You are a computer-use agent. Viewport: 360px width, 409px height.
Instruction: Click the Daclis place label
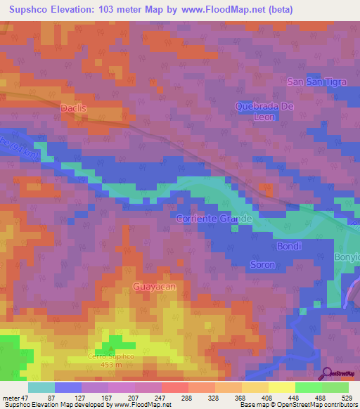[74, 109]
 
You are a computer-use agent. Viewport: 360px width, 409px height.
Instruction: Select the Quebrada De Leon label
[264, 111]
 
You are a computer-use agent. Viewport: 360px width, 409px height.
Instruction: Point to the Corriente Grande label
[214, 219]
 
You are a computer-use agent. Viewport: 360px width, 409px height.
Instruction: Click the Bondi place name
[289, 247]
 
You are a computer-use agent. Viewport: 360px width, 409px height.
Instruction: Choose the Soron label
[262, 265]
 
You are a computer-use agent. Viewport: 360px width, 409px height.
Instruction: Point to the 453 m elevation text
[111, 365]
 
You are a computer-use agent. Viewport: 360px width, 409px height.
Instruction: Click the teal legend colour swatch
[41, 387]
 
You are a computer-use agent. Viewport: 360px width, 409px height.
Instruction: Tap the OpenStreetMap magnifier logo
[327, 373]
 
